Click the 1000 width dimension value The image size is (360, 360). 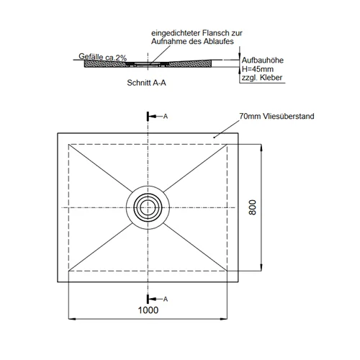pyautogui.click(x=148, y=310)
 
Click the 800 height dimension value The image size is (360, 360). pyautogui.click(x=253, y=207)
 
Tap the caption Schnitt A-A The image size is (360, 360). pyautogui.click(x=146, y=83)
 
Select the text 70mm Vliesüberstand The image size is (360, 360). pyautogui.click(x=276, y=116)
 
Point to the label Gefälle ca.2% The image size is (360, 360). pyautogui.click(x=103, y=57)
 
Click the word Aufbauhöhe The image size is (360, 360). pyautogui.click(x=263, y=60)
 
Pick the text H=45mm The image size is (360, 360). pyautogui.click(x=258, y=69)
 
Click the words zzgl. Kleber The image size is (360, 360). pyautogui.click(x=262, y=78)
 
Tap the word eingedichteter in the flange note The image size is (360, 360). pyautogui.click(x=176, y=33)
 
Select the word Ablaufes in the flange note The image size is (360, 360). pyautogui.click(x=218, y=41)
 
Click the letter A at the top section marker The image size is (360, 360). pyautogui.click(x=166, y=117)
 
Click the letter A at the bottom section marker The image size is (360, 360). pyautogui.click(x=166, y=299)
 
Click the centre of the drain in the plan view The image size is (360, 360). pyautogui.click(x=148, y=207)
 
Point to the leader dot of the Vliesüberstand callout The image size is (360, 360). pyautogui.click(x=214, y=138)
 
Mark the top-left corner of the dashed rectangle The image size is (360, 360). pyautogui.click(x=68, y=144)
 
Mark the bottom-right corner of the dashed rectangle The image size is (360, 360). pyautogui.click(x=227, y=271)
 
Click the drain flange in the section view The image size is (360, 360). pyautogui.click(x=148, y=64)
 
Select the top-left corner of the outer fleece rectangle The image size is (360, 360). pyautogui.click(x=58, y=133)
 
